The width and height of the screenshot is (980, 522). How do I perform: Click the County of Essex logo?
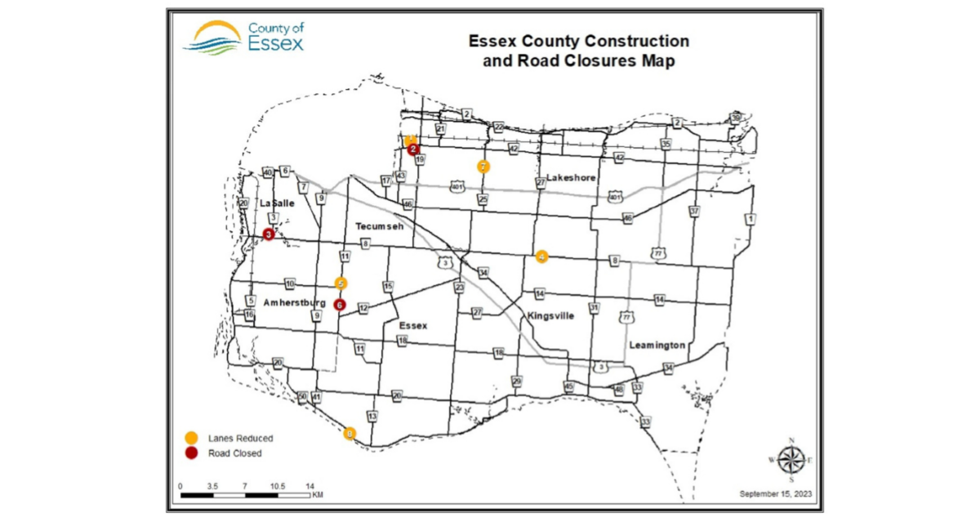click(x=243, y=37)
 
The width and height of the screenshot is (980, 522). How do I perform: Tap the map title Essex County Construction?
click(x=577, y=41)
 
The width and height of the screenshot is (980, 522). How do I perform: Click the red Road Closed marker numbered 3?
click(x=269, y=234)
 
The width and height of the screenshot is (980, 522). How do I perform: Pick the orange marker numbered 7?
click(x=483, y=167)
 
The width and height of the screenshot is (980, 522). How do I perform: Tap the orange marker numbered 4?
click(x=541, y=257)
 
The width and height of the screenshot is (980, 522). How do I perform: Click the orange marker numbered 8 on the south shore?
click(x=350, y=434)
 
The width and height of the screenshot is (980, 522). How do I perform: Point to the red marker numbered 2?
click(x=414, y=149)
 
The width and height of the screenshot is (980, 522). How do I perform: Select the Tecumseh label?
click(x=380, y=225)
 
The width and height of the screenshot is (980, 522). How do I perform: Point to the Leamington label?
click(x=657, y=346)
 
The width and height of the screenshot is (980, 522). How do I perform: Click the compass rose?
click(x=791, y=458)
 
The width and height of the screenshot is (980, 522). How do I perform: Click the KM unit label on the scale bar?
click(x=317, y=495)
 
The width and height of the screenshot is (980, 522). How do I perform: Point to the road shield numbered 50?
click(x=302, y=397)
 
